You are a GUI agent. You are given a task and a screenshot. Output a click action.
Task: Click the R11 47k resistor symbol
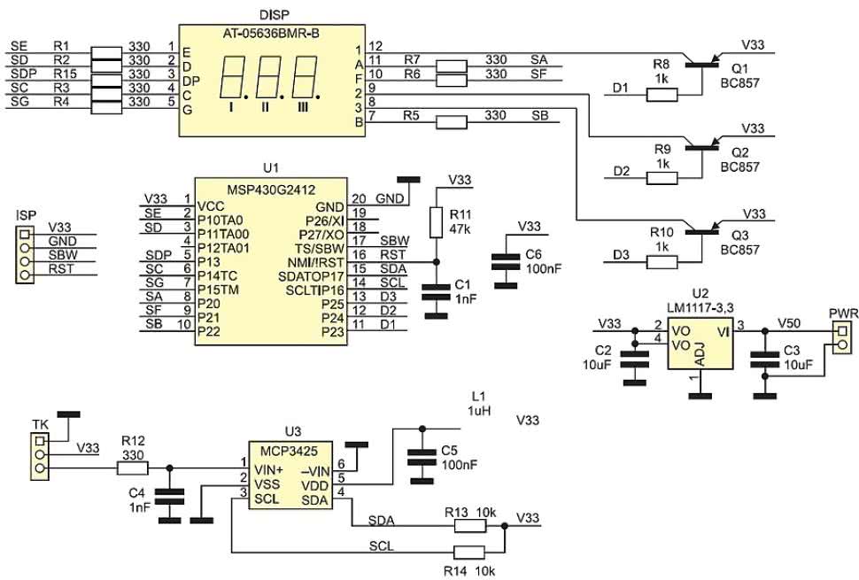click(436, 222)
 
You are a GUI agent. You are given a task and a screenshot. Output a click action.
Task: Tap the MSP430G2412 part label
click(271, 190)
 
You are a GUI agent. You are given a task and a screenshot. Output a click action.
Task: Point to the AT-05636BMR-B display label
click(271, 34)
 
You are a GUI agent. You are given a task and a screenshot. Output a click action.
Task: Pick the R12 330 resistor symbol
click(133, 468)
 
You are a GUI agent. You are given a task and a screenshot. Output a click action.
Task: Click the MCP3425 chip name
click(289, 452)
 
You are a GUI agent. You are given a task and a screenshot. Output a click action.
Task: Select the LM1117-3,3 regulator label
click(700, 309)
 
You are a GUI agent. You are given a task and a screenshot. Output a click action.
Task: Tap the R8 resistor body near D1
click(662, 95)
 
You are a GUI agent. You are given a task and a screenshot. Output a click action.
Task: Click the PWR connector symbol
click(842, 338)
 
